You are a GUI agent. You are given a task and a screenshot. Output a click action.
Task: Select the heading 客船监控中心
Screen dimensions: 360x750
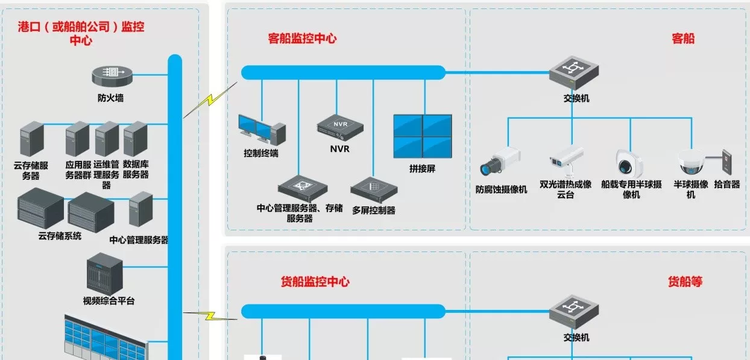[x=302, y=39]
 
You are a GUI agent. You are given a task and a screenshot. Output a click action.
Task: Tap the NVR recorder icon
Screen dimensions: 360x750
[x=340, y=125]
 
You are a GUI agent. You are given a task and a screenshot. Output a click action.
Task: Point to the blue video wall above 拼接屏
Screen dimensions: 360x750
[x=422, y=136]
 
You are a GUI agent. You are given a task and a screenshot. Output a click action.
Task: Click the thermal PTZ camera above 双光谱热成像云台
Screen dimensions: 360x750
[x=566, y=158]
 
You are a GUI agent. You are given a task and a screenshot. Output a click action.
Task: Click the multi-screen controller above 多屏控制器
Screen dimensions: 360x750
[x=373, y=191]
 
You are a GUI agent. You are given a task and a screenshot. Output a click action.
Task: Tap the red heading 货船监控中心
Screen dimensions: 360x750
[x=315, y=282]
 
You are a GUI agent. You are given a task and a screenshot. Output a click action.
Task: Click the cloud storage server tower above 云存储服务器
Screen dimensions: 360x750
[x=32, y=139]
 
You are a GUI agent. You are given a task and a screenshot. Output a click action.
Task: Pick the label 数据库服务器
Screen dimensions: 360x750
[x=136, y=169]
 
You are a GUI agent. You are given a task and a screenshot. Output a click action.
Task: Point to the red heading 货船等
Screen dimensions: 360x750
[x=685, y=282]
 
